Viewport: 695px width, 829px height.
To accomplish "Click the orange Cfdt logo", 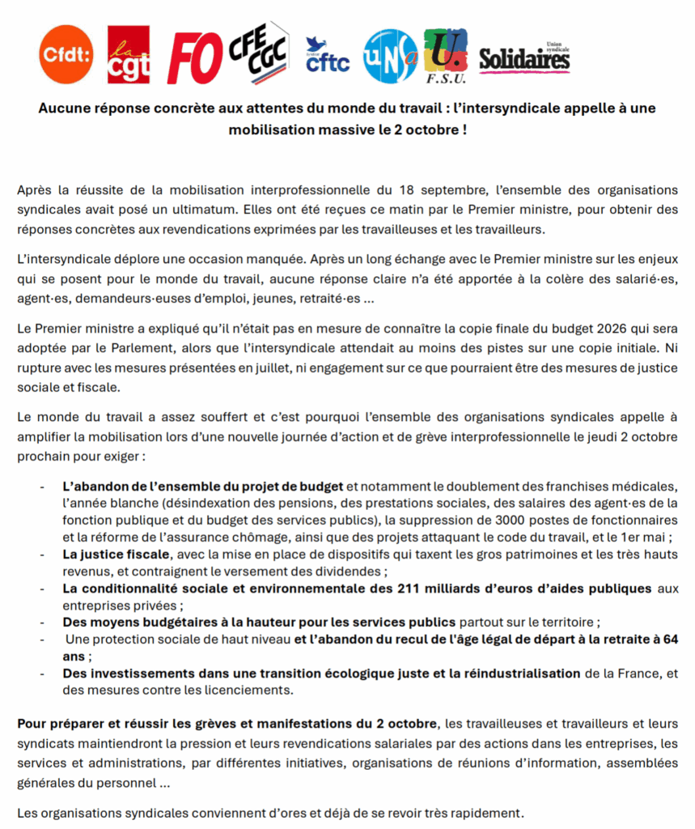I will click(x=66, y=55).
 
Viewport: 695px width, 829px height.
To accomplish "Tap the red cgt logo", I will click(x=129, y=55).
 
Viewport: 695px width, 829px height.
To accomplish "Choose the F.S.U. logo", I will click(x=446, y=56).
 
